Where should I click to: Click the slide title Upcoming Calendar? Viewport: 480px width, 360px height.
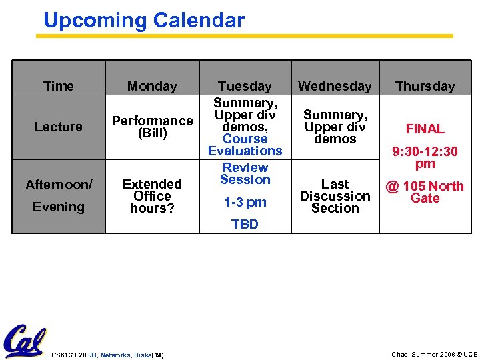(144, 21)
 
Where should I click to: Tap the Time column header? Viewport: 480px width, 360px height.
(59, 86)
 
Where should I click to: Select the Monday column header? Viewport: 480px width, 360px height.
(152, 86)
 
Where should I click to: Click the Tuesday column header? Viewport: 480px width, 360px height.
(245, 86)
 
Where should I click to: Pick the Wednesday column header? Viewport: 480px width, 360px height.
(335, 86)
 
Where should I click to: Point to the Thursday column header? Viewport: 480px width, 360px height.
(425, 86)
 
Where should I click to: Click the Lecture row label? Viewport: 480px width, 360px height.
(59, 127)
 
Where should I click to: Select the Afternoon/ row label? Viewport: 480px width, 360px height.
(59, 185)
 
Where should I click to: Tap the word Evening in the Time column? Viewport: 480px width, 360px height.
(59, 207)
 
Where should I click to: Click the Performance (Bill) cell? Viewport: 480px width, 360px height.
(152, 127)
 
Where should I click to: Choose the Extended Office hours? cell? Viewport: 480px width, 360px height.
(152, 196)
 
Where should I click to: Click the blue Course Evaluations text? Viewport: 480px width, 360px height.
(245, 145)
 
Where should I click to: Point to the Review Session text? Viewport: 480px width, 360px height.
(245, 173)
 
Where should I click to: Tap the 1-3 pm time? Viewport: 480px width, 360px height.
(245, 202)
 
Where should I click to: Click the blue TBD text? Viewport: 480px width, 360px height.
(245, 225)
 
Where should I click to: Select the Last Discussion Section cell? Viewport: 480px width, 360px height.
(335, 196)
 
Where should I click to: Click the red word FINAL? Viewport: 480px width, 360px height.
(425, 129)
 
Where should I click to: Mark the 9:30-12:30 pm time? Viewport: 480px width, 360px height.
(425, 157)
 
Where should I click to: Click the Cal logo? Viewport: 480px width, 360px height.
(24, 341)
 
